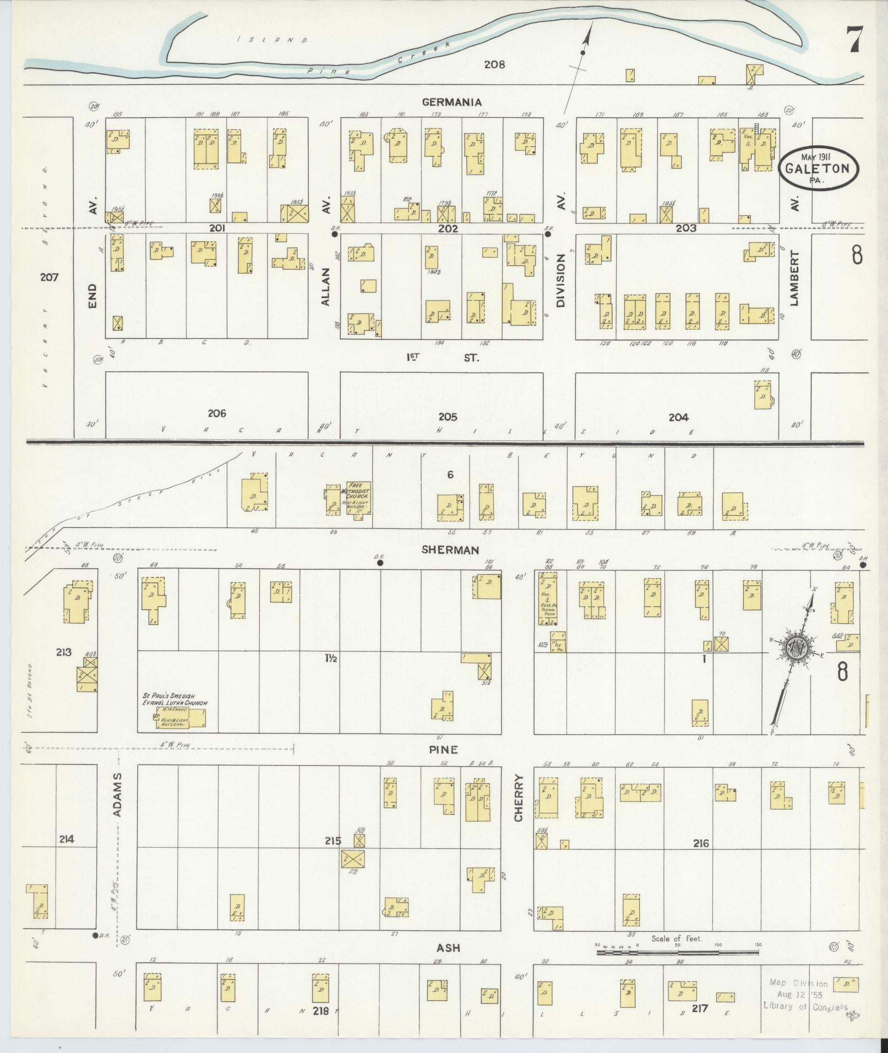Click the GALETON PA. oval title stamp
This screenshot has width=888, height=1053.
click(819, 169)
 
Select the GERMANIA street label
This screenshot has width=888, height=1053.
click(452, 102)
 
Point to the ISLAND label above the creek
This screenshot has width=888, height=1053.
click(273, 40)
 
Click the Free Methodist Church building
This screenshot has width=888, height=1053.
click(358, 498)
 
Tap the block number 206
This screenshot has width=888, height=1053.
click(217, 413)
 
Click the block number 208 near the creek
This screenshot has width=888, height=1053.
click(494, 64)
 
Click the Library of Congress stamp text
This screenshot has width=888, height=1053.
click(805, 1006)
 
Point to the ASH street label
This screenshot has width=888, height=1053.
click(448, 948)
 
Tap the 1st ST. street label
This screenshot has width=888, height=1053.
click(442, 357)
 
